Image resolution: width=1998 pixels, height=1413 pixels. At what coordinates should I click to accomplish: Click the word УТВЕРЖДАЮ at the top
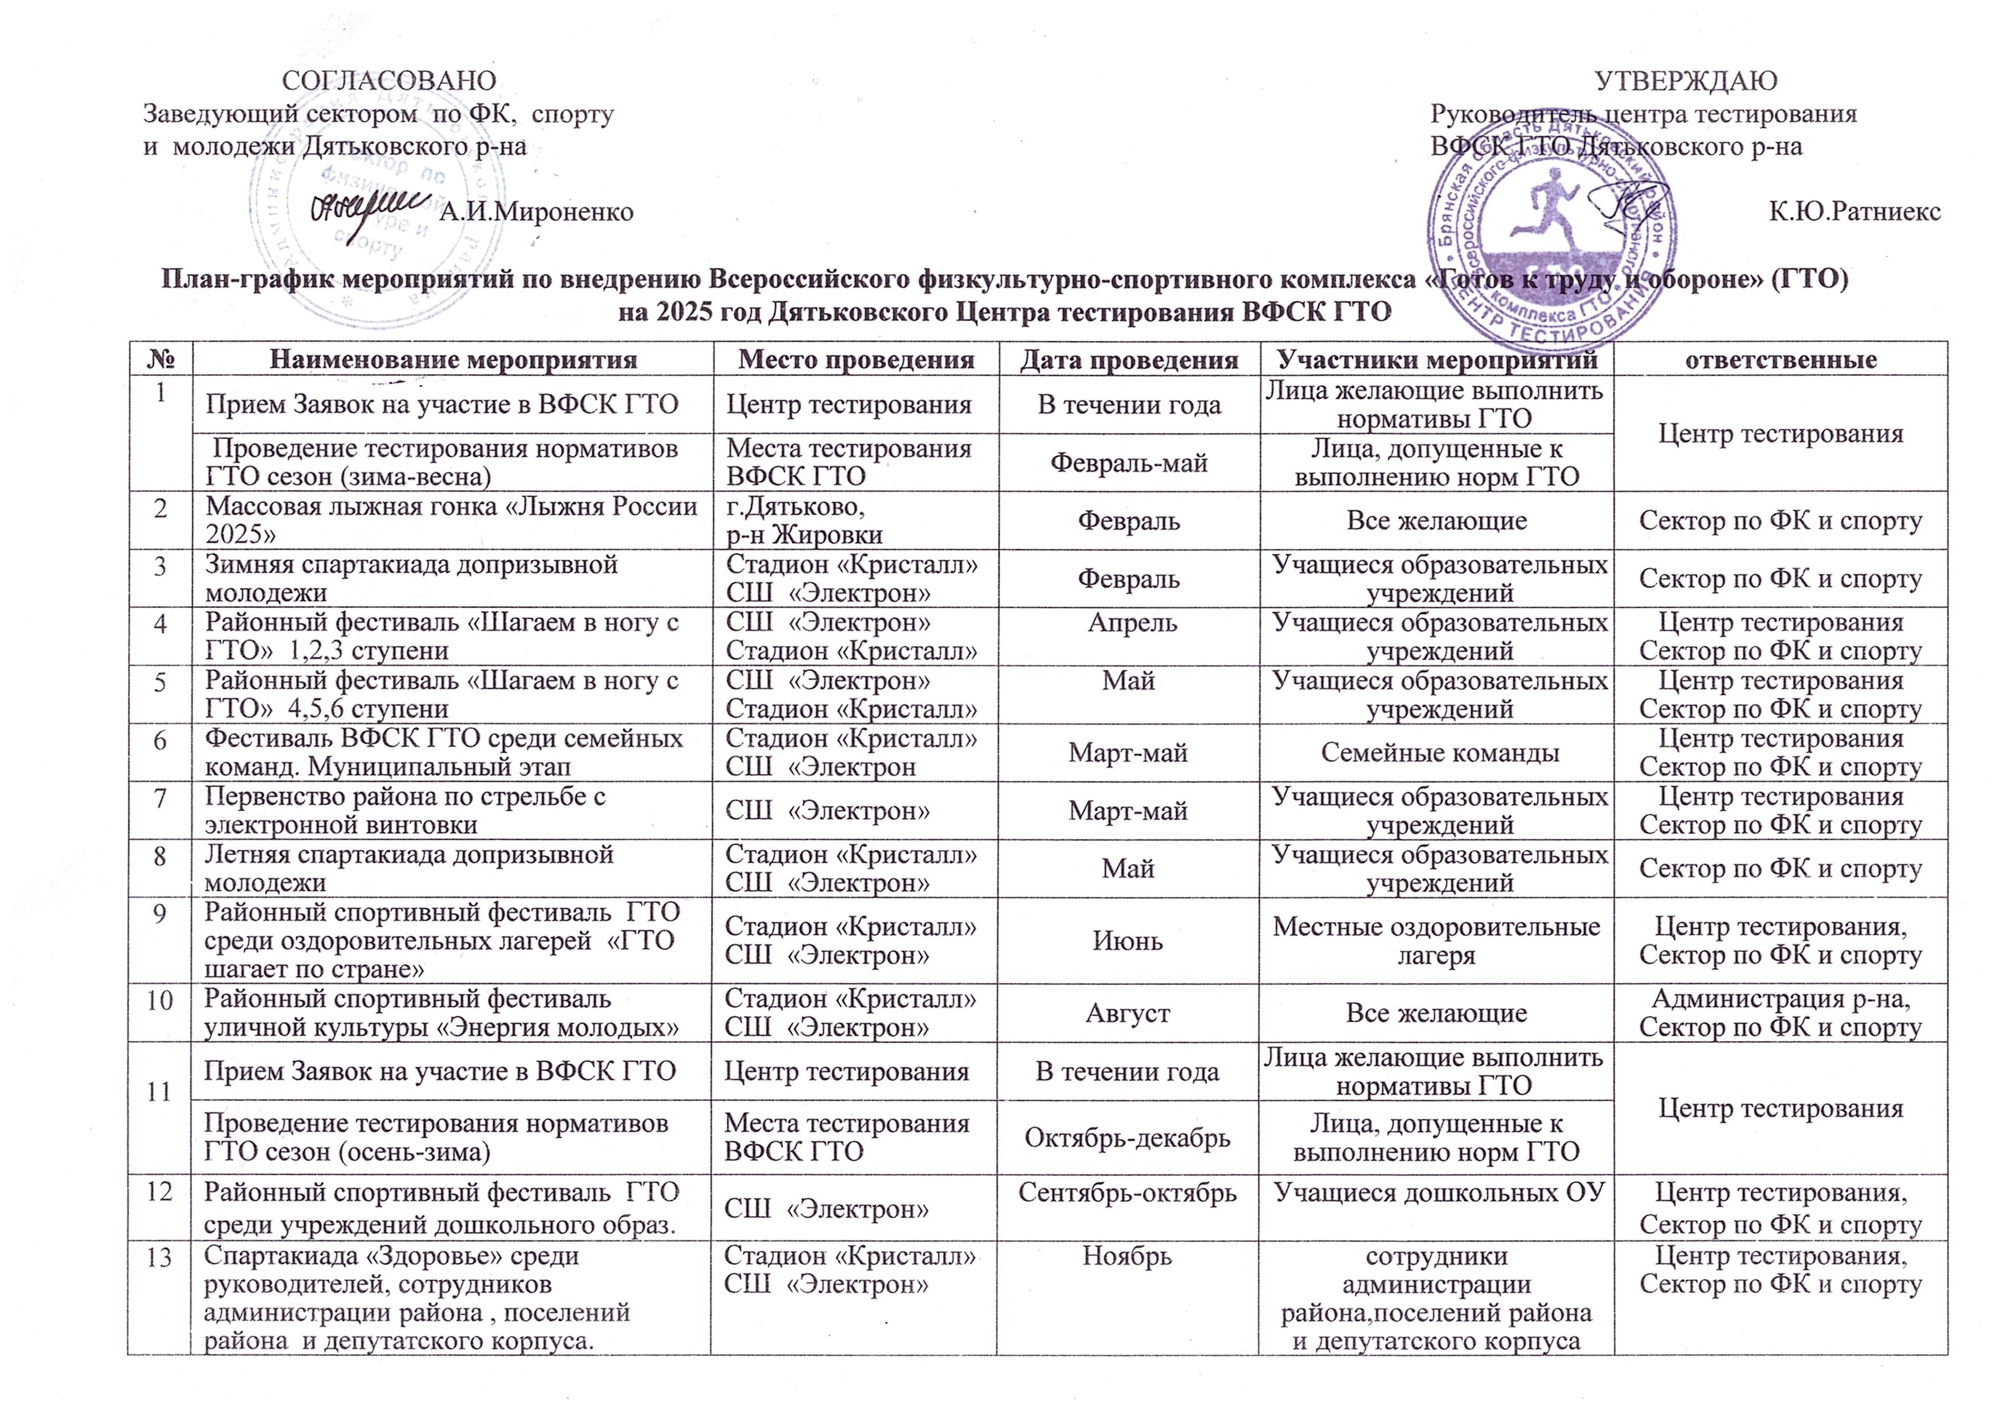[1686, 81]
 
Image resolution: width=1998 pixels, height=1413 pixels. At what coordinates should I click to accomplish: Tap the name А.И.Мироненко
[537, 211]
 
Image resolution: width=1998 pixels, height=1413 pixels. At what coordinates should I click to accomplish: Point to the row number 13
[158, 1256]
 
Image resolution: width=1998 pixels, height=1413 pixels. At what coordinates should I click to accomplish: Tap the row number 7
[159, 797]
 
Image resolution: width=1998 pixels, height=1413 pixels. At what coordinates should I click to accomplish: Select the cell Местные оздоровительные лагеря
[1437, 940]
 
